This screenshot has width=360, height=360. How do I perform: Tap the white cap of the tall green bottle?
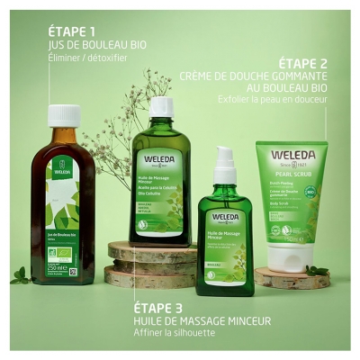pos(161,106)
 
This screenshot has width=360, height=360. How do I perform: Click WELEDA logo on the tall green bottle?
pos(160,162)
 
